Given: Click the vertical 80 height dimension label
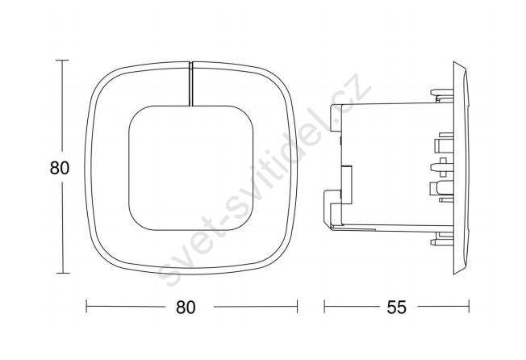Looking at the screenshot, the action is tap(60, 168).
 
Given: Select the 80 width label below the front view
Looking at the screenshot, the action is tap(186, 307).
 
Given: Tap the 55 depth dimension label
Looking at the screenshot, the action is tap(396, 307).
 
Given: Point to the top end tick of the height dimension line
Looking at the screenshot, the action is tap(62, 60).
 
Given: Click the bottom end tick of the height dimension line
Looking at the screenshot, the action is tap(62, 273).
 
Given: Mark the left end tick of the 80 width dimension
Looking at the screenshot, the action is tap(86, 306).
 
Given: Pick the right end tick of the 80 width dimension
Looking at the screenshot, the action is tap(297, 306).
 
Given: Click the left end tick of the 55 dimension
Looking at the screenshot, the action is tap(324, 306).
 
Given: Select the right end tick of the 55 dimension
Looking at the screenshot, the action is tap(469, 306).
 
